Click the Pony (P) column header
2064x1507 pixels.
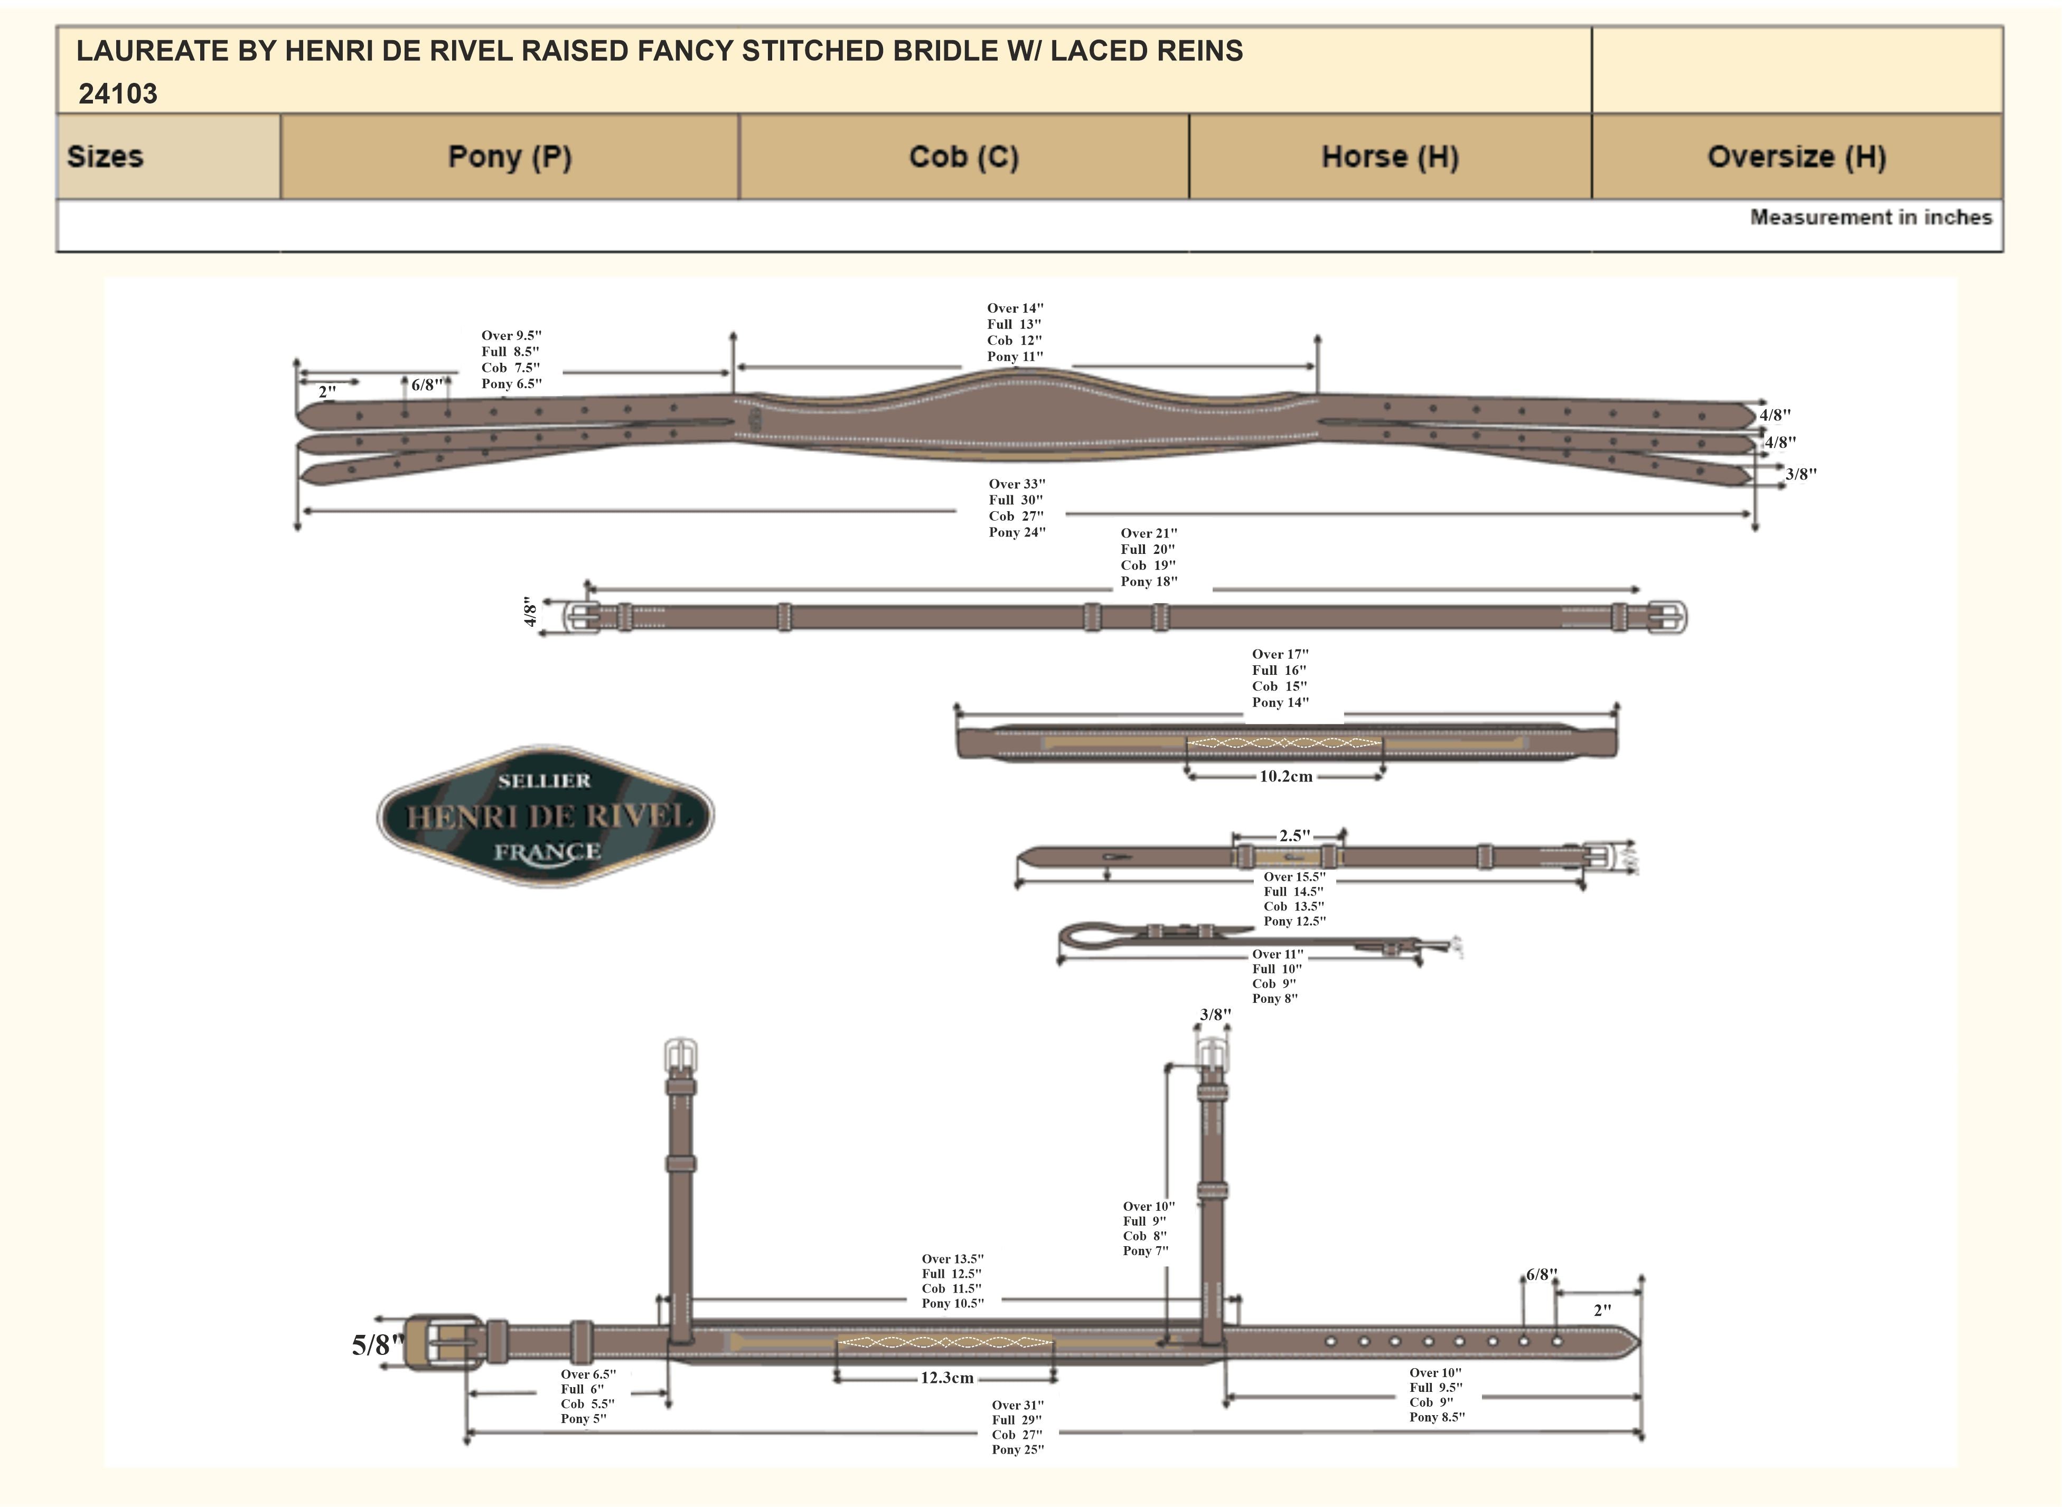509,157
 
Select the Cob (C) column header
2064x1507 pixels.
963,157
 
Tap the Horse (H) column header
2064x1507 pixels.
1390,157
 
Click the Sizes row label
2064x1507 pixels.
105,157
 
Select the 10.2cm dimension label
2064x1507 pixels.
1285,776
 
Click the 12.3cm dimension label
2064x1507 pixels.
946,1378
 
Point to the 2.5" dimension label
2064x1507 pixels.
1294,835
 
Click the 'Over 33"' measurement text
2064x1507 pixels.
1017,484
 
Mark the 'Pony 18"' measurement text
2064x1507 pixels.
1149,582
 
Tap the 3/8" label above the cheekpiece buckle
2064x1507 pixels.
1215,1014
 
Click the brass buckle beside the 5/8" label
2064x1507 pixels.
443,1343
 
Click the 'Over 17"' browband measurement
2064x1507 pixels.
1279,654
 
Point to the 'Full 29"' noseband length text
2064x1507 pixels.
1017,1420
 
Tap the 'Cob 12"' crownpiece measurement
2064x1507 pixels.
1014,340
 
